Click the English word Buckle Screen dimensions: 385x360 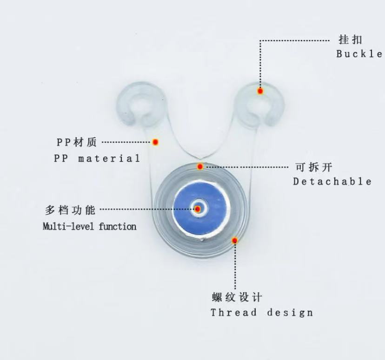coord(359,54)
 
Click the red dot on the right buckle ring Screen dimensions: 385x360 coord(260,91)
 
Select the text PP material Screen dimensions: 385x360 coord(97,158)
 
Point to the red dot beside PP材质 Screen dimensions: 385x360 coord(156,142)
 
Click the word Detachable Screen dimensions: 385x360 coord(332,181)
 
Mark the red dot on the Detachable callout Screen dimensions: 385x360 coord(200,166)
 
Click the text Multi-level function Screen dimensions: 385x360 coord(90,227)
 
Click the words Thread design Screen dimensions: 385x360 coord(261,312)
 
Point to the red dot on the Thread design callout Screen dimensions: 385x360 coord(235,240)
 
